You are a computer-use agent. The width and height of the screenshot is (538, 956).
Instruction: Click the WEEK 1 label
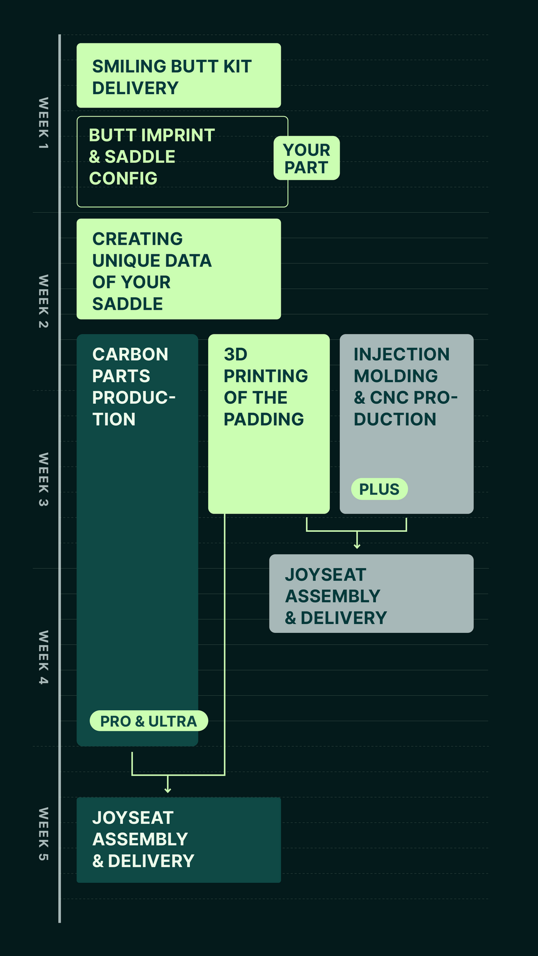pyautogui.click(x=44, y=123)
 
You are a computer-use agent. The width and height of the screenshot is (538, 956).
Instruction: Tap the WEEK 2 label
pyautogui.click(x=44, y=301)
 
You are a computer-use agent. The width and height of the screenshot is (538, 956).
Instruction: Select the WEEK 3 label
pyautogui.click(x=44, y=479)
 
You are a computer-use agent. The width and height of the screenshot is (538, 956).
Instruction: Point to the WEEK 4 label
pyautogui.click(x=44, y=657)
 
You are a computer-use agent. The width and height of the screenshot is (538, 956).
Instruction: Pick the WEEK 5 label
pyautogui.click(x=44, y=834)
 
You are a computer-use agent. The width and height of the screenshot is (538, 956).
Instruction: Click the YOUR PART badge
pyautogui.click(x=306, y=158)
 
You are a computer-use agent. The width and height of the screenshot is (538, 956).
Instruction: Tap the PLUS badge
pyautogui.click(x=379, y=489)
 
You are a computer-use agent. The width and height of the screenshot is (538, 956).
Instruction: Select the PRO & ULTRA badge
pyautogui.click(x=148, y=721)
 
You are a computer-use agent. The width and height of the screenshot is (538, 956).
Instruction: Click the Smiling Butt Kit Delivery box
pyautogui.click(x=179, y=76)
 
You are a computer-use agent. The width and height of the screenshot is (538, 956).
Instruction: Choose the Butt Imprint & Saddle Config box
pyautogui.click(x=182, y=162)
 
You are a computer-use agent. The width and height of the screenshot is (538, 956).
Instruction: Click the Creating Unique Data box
pyautogui.click(x=179, y=269)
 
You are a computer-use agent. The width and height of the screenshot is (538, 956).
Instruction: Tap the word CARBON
pyautogui.click(x=130, y=354)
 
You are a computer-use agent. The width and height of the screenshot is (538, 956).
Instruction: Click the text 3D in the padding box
pyautogui.click(x=236, y=354)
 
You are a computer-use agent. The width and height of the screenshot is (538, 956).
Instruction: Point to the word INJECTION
pyautogui.click(x=401, y=354)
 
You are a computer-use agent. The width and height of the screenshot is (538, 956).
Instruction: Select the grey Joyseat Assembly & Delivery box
pyautogui.click(x=371, y=594)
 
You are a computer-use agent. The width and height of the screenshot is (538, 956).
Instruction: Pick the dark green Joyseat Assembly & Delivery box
pyautogui.click(x=179, y=839)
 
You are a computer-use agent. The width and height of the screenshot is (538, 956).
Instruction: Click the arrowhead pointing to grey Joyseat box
pyautogui.click(x=357, y=546)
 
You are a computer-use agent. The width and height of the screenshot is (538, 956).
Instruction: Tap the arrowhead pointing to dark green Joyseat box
pyautogui.click(x=168, y=790)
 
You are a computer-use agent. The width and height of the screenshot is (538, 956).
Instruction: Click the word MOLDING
pyautogui.click(x=396, y=376)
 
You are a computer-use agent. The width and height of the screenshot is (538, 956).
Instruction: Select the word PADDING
pyautogui.click(x=264, y=419)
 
